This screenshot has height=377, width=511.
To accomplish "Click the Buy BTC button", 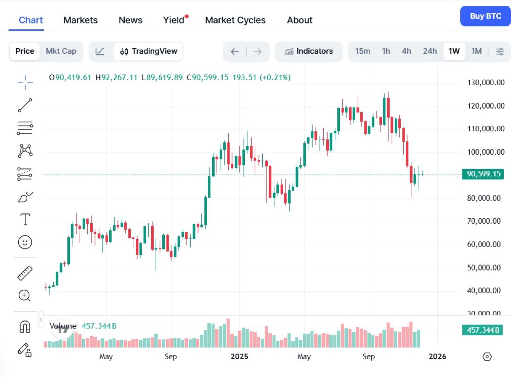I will (485, 17).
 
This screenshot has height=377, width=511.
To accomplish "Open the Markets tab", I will (80, 20).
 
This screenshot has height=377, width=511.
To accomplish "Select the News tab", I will (130, 20).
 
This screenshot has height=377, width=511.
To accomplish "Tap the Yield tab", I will (174, 20).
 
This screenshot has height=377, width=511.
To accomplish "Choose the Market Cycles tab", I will (235, 20).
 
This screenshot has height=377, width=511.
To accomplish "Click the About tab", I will (299, 20).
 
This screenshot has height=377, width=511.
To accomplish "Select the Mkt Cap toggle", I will (61, 51).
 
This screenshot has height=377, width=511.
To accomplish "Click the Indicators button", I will (309, 51).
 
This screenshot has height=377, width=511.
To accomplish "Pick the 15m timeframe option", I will (362, 51).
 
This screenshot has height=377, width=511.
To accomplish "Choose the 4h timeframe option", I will (406, 51).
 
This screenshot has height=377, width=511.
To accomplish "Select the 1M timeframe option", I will (476, 51).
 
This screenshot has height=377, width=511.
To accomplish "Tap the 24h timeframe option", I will (430, 51).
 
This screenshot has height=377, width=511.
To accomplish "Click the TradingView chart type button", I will (149, 51).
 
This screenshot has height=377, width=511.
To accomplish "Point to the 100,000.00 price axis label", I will (483, 152).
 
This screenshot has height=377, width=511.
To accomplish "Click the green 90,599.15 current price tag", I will (482, 174).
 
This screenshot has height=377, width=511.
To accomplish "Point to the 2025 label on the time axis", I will (238, 356).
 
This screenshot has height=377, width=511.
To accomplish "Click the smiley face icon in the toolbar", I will (25, 242).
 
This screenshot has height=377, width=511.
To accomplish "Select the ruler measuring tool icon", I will (25, 273).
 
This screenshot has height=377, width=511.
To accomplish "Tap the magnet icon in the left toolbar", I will (25, 327).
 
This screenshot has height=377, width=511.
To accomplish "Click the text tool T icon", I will (25, 220).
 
